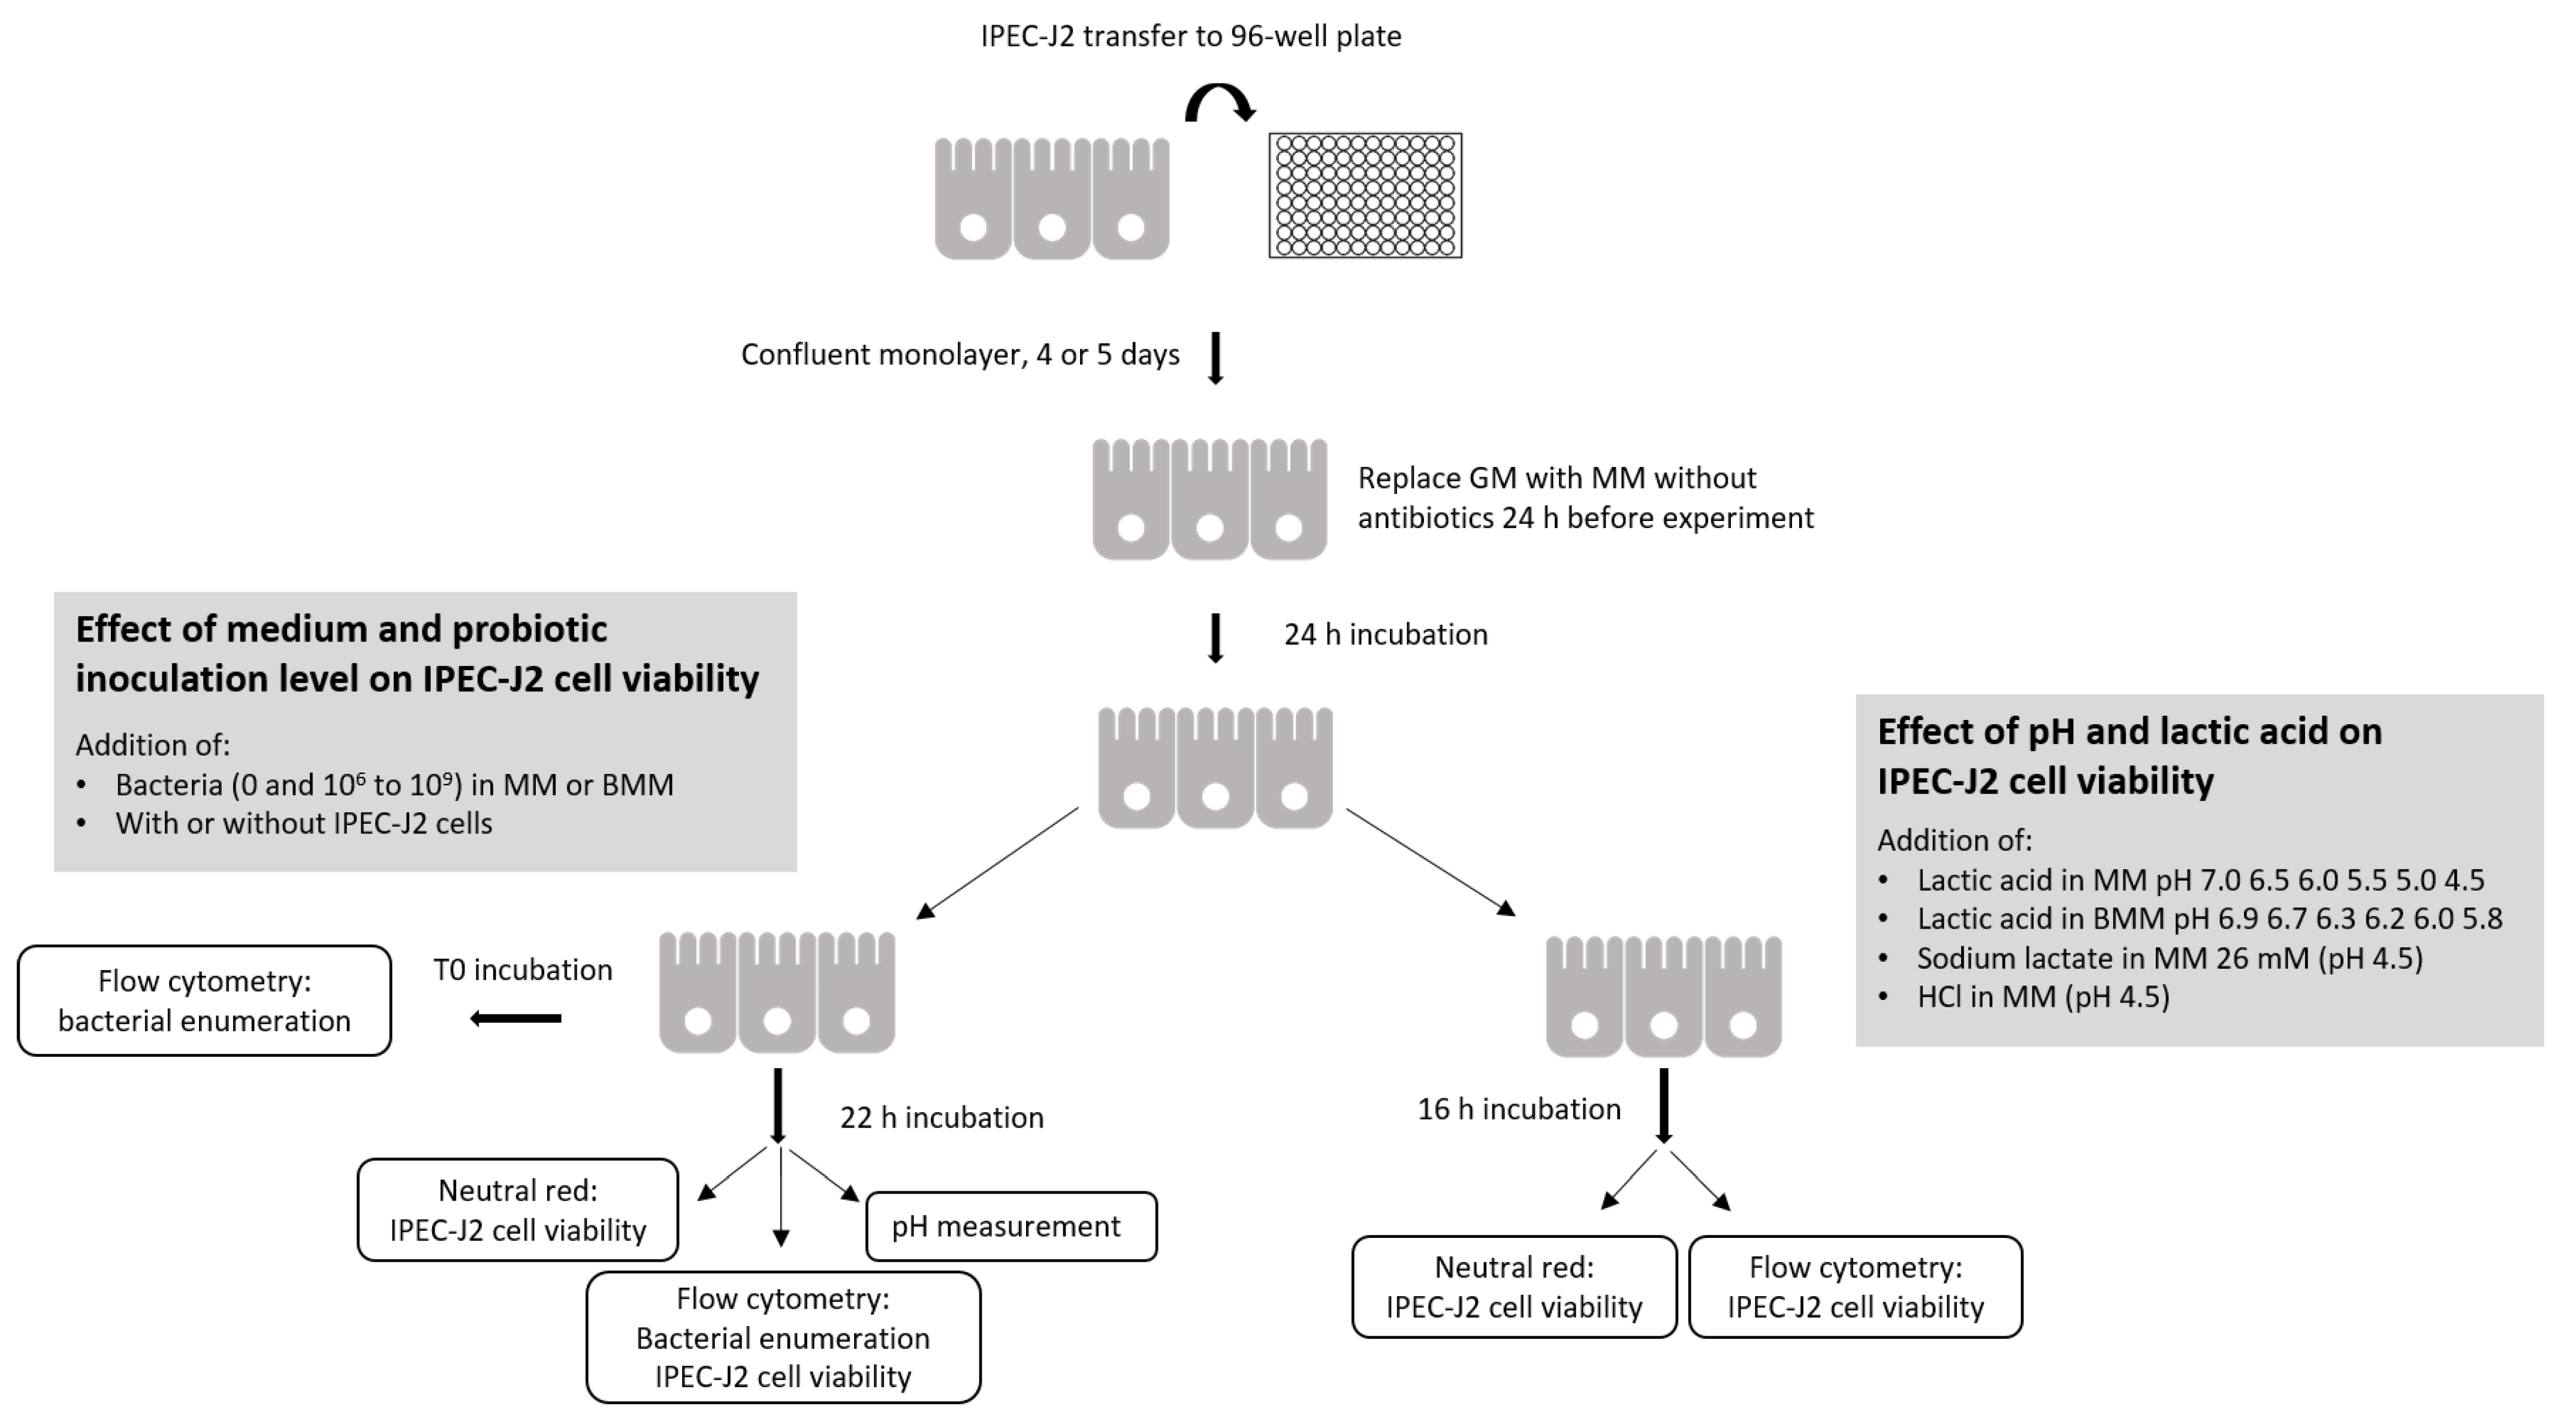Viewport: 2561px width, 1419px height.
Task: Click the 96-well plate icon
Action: coord(1364,196)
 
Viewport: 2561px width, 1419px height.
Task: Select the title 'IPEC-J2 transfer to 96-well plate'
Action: coord(1190,37)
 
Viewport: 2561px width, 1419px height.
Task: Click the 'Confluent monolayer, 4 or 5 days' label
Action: coord(960,355)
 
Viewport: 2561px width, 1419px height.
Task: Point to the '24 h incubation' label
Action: coord(1385,634)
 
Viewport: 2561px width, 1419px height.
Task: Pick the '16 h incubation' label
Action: coord(1518,1108)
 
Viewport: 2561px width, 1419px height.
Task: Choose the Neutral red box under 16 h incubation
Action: coord(1513,1287)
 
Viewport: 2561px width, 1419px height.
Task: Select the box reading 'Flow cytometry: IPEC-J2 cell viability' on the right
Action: coord(1854,1287)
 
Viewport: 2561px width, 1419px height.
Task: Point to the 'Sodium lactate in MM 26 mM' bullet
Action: coord(2168,957)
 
